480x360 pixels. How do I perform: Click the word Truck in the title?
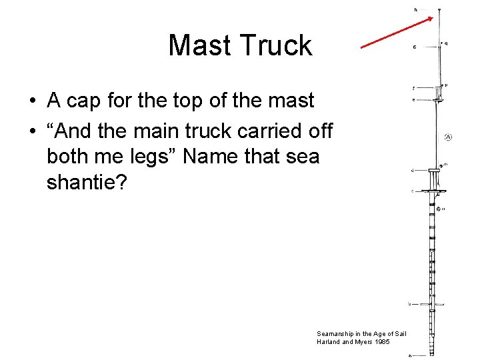point(277,46)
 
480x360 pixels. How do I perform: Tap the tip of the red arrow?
point(434,18)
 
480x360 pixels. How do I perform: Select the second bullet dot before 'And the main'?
point(33,131)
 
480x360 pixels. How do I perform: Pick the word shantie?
point(83,182)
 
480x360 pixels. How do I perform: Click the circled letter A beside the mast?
point(448,137)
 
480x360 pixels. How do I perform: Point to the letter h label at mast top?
point(415,10)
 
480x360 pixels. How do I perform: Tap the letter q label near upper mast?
point(446,43)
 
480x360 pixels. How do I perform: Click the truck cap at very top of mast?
point(439,10)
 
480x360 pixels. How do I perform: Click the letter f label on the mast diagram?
point(414,87)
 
